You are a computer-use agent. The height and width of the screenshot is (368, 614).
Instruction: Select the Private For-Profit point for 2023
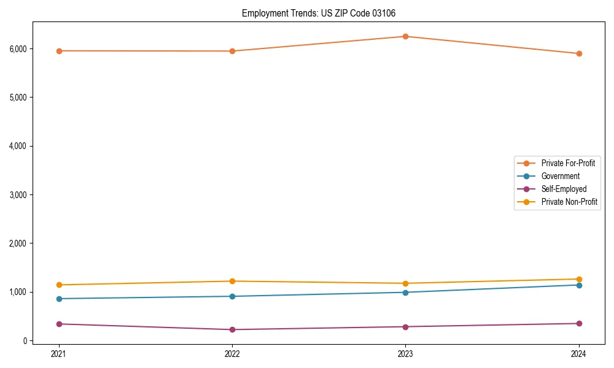point(406,36)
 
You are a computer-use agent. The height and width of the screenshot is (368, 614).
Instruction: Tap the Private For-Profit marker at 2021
point(59,51)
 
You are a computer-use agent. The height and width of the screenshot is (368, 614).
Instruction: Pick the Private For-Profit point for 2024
point(579,53)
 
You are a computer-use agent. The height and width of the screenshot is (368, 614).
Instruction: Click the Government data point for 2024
point(579,285)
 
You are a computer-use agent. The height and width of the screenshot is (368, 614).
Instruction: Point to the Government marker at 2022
point(232,296)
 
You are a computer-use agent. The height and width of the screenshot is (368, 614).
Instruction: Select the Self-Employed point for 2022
point(232,329)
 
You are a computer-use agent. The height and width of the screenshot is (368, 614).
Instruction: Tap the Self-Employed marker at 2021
point(59,324)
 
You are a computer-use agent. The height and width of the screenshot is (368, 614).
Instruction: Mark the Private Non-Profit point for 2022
point(232,281)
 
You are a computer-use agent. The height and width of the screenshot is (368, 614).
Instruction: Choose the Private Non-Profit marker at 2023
point(406,283)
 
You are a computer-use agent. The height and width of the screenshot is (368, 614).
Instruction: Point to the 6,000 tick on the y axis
point(18,49)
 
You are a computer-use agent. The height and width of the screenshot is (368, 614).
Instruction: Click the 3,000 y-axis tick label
point(18,195)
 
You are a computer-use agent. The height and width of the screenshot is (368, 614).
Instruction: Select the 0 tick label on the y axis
point(26,341)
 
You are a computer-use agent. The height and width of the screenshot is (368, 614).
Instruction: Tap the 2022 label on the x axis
point(232,354)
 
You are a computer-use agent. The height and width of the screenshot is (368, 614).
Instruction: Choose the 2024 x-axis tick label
point(579,354)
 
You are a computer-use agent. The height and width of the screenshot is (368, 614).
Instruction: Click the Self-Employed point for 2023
point(406,326)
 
